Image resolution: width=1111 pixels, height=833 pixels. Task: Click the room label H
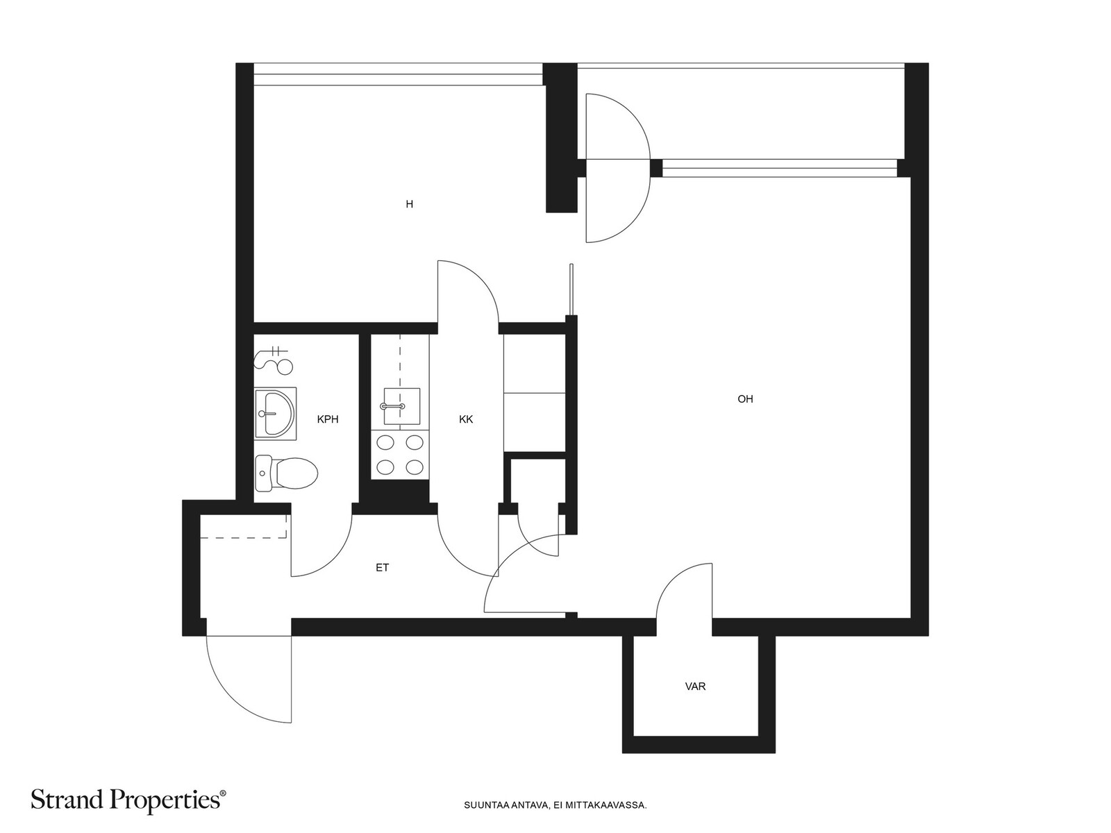[409, 204]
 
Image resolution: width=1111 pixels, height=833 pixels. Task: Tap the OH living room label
[745, 399]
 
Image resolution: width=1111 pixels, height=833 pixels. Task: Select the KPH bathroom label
[328, 419]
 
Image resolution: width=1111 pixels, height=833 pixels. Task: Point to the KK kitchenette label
[466, 419]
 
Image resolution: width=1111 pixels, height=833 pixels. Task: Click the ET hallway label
[382, 568]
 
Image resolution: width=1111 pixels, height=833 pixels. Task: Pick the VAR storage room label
[695, 687]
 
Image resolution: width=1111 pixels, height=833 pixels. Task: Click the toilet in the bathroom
[287, 473]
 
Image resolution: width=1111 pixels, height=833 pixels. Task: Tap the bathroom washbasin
[275, 414]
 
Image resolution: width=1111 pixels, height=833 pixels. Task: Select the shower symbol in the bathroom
[274, 360]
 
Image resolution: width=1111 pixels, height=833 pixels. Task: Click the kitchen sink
[401, 406]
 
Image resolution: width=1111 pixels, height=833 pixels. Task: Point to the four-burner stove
[400, 455]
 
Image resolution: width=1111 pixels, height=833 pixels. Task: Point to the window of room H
[398, 74]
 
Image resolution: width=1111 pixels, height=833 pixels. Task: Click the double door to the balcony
[617, 169]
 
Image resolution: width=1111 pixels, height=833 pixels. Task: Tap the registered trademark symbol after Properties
[223, 794]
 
